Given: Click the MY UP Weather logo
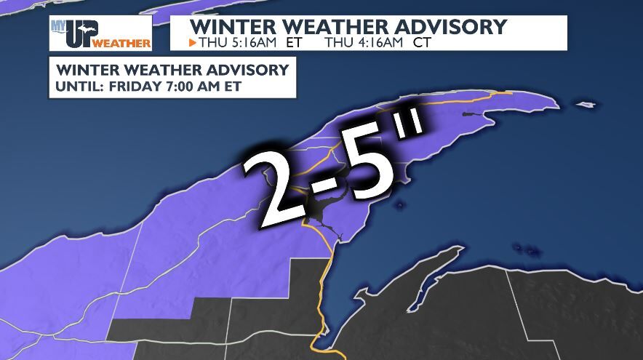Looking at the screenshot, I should (x=100, y=33).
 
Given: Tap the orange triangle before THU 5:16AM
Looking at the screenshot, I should (x=192, y=43).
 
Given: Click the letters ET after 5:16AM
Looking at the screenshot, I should (x=289, y=43).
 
